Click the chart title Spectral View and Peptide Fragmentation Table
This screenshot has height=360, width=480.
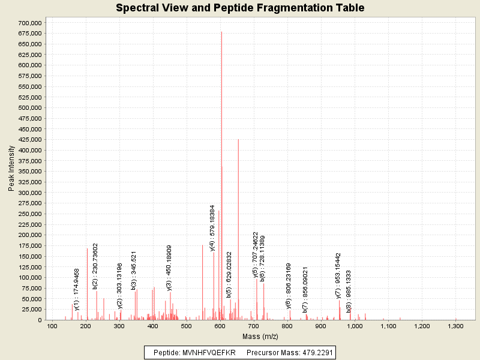240,8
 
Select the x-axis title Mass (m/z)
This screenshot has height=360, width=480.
260,336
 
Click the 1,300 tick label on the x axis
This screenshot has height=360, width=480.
455,326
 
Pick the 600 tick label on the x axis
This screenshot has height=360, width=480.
220,326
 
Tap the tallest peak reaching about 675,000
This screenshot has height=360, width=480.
221,34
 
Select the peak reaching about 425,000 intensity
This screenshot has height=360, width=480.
238,140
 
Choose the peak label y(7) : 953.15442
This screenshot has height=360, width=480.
338,275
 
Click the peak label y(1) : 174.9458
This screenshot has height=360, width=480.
76,289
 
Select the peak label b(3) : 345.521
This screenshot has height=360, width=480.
134,271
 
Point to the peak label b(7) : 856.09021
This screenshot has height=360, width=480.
305,290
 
